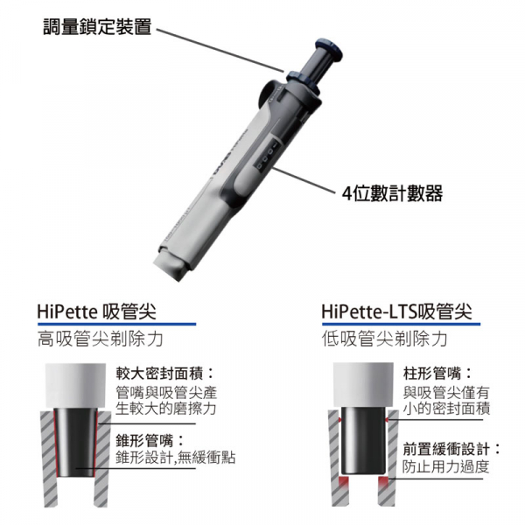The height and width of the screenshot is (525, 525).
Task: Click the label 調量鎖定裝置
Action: pos(97,26)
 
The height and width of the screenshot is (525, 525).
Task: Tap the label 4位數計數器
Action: pos(392,193)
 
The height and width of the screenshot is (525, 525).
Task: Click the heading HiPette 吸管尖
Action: pos(97,311)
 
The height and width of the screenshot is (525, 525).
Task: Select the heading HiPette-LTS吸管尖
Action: pos(396,311)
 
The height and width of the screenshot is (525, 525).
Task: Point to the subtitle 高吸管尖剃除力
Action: pos(100,339)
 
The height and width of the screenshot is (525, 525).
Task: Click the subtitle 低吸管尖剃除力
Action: pos(385,339)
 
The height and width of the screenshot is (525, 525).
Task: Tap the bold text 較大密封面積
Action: pos(160,373)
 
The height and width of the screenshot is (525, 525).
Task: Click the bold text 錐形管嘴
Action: pos(144,440)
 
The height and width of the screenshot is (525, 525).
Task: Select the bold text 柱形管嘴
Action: pos(432,373)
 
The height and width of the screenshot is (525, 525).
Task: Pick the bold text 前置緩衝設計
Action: pos(446,449)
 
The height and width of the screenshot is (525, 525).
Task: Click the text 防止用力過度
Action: pos(446,466)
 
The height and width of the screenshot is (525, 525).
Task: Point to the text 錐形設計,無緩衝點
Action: pos(176,457)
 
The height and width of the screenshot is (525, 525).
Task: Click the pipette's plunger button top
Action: pos(330,49)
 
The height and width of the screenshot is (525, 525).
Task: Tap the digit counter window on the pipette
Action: pos(268,157)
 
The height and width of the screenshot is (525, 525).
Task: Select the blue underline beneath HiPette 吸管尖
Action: pos(116,324)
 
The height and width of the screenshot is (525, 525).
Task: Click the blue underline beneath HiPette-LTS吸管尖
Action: pos(401,324)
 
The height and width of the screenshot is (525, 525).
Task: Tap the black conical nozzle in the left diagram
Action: pos(75,443)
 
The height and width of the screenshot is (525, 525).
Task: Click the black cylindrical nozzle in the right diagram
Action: pos(363,441)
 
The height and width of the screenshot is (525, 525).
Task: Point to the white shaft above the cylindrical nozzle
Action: pos(363,384)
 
